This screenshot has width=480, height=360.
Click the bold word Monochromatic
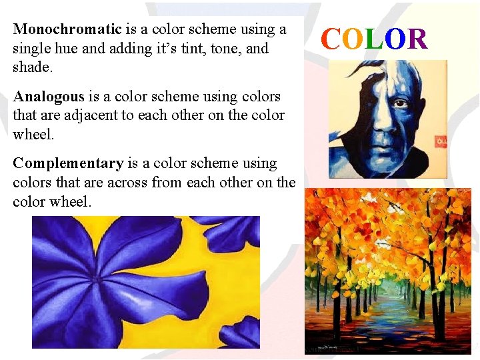pyautogui.click(x=67, y=29)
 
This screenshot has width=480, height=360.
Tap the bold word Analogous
pyautogui.click(x=49, y=97)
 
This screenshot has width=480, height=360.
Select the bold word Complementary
pyautogui.click(x=68, y=163)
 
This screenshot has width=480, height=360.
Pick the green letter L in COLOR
pyautogui.click(x=375, y=39)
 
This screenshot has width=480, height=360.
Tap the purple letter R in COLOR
pyautogui.click(x=417, y=39)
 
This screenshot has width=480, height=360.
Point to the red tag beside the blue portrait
pyautogui.click(x=441, y=142)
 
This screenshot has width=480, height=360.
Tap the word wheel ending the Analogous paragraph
pyautogui.click(x=32, y=135)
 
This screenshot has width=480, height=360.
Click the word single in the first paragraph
pyautogui.click(x=31, y=49)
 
